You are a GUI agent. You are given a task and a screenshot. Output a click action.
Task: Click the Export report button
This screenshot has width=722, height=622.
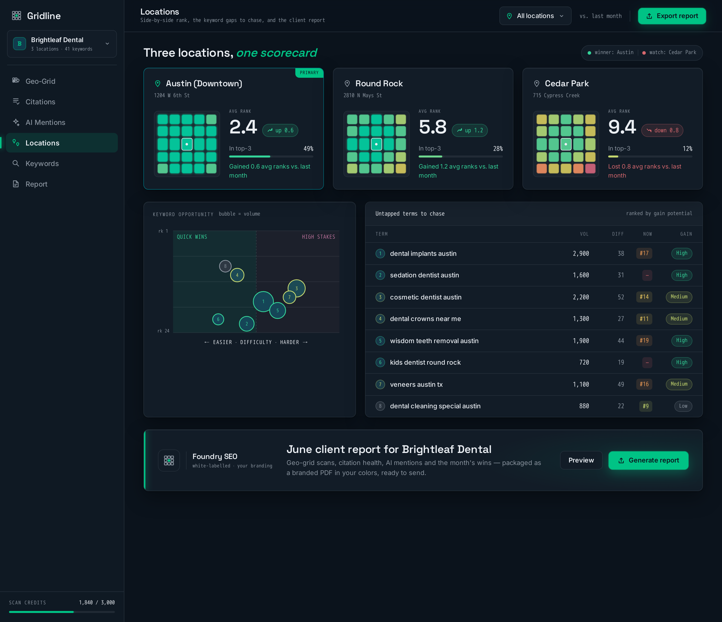(672, 16)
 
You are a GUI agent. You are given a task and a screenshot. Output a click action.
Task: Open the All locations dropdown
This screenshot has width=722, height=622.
(535, 16)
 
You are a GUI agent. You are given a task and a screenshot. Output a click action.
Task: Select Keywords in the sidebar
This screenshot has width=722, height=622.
(42, 164)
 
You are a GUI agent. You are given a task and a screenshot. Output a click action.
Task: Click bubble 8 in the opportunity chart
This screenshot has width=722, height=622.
(225, 266)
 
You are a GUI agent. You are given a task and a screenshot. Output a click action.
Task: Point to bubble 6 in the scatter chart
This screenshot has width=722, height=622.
(218, 319)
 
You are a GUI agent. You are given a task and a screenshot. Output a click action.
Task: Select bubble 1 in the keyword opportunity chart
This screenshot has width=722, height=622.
(263, 301)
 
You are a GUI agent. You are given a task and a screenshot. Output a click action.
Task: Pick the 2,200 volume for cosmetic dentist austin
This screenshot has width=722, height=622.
(581, 297)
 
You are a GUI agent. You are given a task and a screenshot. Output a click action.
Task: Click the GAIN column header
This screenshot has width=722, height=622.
(686, 234)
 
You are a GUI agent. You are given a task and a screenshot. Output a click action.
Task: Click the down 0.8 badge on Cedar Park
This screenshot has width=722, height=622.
(662, 130)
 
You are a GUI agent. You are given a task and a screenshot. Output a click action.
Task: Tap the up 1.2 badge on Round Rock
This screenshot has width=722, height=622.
(470, 130)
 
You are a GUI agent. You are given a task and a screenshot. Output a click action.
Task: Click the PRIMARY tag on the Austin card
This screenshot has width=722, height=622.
(309, 72)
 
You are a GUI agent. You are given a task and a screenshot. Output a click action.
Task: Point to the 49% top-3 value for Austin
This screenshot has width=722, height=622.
(308, 148)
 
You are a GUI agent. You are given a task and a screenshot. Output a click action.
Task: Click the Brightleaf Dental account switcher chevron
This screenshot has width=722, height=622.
(107, 44)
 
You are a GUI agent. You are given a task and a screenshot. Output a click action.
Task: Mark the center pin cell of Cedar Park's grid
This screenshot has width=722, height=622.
(566, 144)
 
